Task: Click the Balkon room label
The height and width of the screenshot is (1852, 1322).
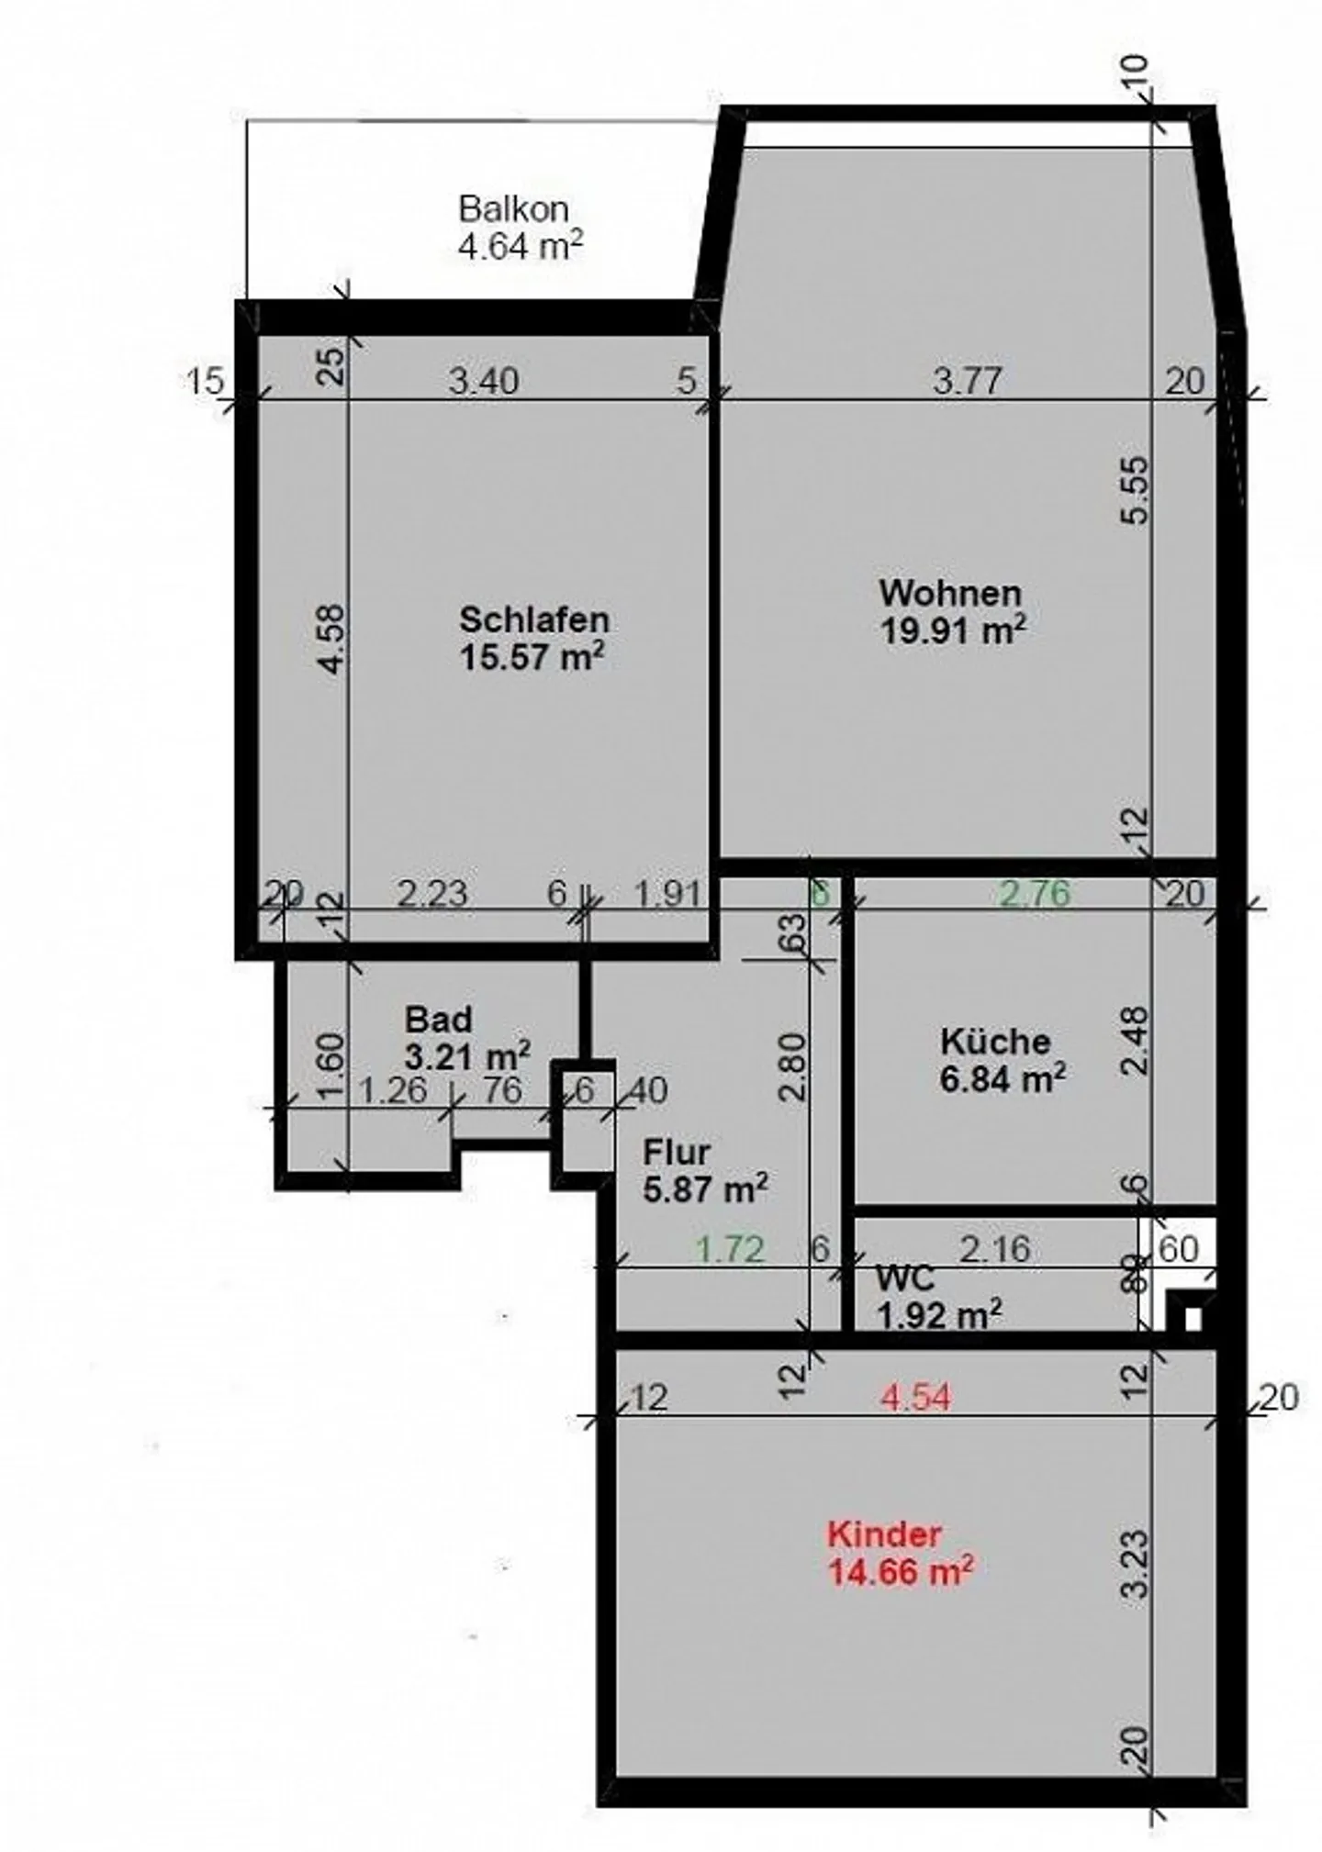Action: coord(514,209)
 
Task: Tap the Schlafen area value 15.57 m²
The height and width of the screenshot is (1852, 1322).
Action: coord(532,657)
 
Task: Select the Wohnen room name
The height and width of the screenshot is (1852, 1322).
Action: coord(950,593)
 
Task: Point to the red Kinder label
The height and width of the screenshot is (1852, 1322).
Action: coord(884,1534)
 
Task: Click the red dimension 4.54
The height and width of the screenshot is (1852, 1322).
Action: coord(915,1398)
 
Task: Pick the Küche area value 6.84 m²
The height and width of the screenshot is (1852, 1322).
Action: coord(1003,1079)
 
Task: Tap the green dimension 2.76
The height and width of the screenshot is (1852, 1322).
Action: coord(1035,893)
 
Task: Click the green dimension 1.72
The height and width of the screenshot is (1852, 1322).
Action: coord(730,1249)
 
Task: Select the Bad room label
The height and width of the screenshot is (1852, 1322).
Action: coord(439,1020)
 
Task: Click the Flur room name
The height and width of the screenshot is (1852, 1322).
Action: coord(677,1152)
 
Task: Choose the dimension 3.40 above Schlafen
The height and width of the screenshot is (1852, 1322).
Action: coord(484,380)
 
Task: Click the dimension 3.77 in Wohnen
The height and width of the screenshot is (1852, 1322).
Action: coord(967,380)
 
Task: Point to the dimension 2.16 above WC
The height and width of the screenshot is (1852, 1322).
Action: coord(995,1248)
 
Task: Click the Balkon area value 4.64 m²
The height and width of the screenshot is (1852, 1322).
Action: coord(521,246)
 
